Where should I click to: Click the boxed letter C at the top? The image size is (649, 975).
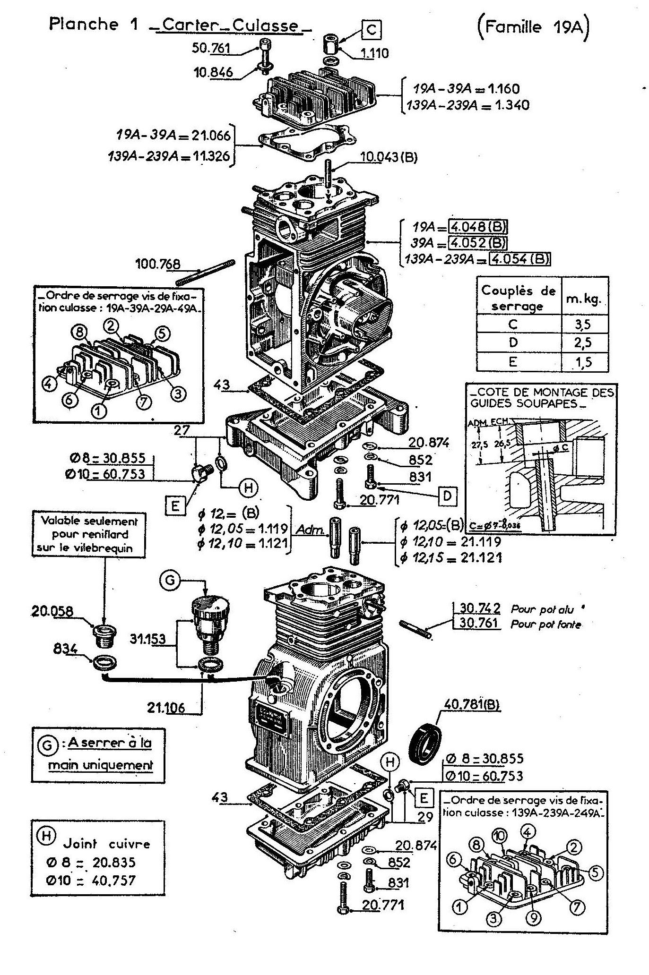click(372, 30)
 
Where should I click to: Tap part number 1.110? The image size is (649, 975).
click(375, 53)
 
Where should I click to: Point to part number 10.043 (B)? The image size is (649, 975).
click(389, 157)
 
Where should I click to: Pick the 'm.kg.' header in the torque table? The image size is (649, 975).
click(584, 299)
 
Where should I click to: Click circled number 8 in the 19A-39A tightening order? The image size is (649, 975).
click(79, 332)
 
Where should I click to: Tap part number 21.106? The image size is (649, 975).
click(166, 707)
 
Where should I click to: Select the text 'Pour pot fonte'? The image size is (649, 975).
click(545, 624)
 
